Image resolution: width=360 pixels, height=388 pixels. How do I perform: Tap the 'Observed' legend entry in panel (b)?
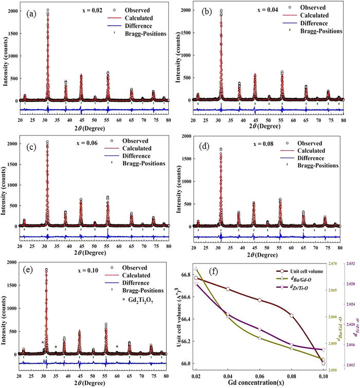(310, 7)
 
